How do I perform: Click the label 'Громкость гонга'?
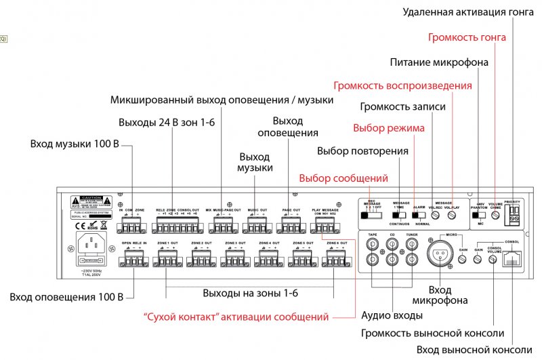467,37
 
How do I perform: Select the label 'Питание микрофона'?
440,63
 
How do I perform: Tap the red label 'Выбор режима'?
389,127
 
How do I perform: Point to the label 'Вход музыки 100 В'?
75,144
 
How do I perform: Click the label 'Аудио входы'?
392,315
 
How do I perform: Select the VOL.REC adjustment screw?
436,215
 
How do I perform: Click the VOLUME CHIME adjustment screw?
496,214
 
